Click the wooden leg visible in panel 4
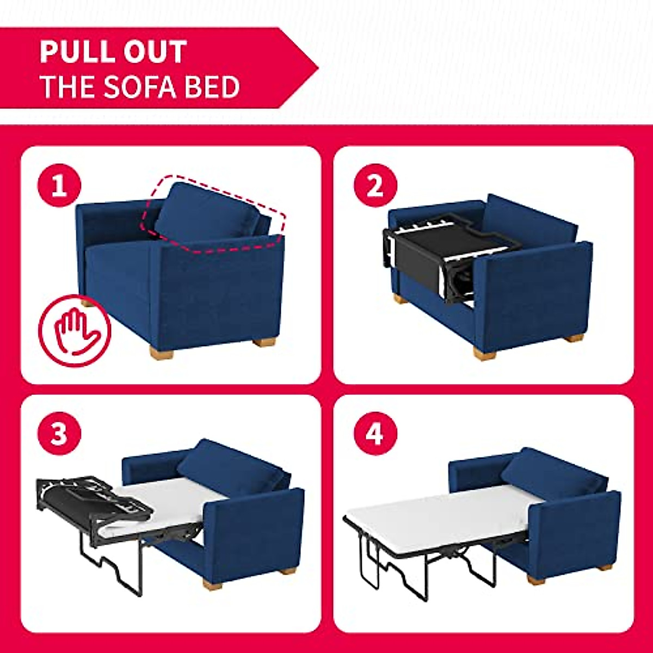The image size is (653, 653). (604, 568)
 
